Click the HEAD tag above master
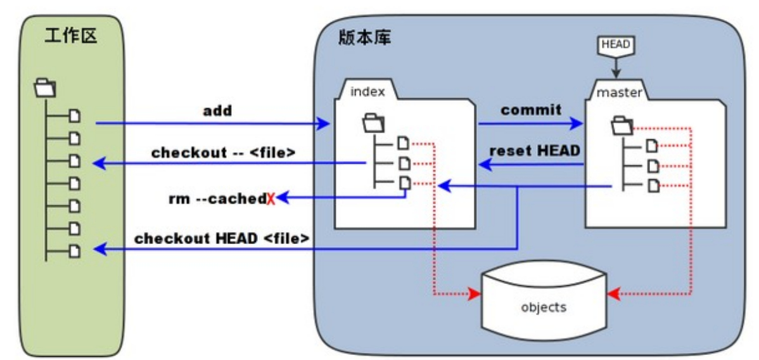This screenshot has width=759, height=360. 614,45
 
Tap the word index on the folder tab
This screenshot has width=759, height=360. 367,92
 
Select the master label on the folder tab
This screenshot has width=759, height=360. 620,93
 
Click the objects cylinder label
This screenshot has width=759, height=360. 543,307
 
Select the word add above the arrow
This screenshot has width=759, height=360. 217,111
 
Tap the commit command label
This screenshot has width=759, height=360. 531,110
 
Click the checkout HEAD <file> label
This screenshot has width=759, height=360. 222,239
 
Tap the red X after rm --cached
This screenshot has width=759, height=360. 271,199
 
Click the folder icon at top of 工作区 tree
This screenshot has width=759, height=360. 45,87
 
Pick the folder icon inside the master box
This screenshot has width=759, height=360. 622,125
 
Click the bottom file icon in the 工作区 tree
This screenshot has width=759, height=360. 75,250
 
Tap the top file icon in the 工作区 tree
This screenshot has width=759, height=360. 75,115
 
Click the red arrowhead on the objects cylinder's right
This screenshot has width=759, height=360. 612,295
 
